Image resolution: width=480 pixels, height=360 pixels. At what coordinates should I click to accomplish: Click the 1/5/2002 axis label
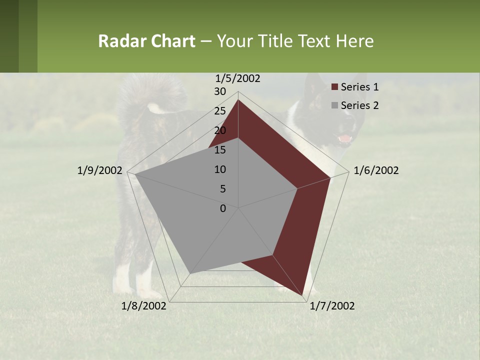237,78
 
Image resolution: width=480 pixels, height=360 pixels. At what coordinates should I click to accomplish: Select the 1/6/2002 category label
376,170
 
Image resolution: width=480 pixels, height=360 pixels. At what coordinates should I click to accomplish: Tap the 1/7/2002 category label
332,306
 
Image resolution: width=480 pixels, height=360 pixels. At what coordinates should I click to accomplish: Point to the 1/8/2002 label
144,306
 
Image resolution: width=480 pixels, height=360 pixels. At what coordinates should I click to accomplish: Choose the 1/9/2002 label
99,170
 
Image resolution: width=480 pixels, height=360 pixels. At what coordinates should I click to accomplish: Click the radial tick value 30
220,91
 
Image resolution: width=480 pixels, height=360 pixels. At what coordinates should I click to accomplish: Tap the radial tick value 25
220,111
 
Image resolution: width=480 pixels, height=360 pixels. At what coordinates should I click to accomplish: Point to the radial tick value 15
220,150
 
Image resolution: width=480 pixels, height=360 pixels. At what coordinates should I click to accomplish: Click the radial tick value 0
223,208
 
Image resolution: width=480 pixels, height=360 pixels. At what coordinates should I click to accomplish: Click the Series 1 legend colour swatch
335,87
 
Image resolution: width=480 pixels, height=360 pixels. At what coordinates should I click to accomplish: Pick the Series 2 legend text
359,105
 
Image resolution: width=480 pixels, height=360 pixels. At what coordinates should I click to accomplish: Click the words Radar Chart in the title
146,41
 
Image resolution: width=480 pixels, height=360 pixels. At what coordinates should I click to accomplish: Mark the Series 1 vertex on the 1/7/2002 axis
303,296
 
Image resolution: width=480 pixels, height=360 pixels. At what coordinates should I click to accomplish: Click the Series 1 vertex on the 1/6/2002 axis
330,177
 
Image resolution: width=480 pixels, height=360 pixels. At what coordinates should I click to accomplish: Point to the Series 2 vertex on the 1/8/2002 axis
190,273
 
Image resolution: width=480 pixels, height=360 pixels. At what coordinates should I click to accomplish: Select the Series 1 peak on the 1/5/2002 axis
238,99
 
